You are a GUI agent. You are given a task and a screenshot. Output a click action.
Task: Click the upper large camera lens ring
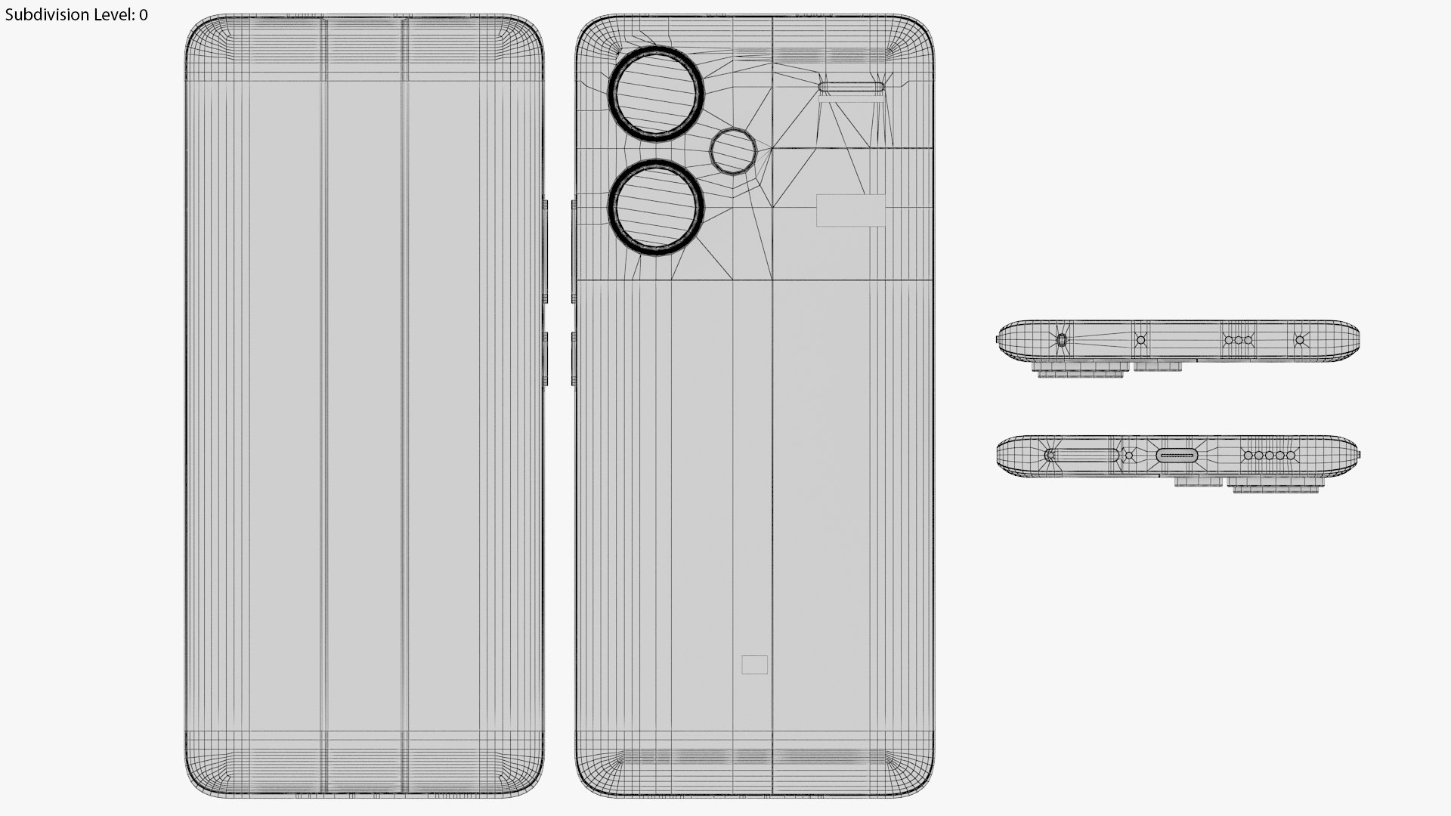[x=656, y=94]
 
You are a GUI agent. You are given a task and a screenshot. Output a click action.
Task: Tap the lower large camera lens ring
[x=656, y=207]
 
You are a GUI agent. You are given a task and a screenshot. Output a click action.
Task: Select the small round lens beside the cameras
[x=733, y=151]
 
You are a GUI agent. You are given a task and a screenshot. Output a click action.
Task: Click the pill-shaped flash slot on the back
[x=851, y=88]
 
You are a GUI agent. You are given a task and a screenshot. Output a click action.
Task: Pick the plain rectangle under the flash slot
[x=851, y=210]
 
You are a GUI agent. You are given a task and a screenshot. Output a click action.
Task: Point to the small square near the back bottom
[x=754, y=664]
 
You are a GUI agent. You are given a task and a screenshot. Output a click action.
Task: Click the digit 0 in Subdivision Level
[x=144, y=14]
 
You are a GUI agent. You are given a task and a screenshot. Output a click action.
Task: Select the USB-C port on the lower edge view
[x=1177, y=455]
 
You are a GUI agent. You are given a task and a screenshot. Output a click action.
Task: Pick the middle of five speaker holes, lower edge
[x=1270, y=456]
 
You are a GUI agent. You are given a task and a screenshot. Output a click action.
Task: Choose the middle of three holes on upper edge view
[x=1238, y=340]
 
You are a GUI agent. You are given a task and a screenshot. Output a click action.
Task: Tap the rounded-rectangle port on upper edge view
[x=1062, y=340]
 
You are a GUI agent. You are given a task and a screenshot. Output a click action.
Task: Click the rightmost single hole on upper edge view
[x=1300, y=340]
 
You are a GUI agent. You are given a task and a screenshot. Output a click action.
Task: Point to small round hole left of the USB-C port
[x=1129, y=455]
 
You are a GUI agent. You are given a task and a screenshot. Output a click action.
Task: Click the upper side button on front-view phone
[x=546, y=249]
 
